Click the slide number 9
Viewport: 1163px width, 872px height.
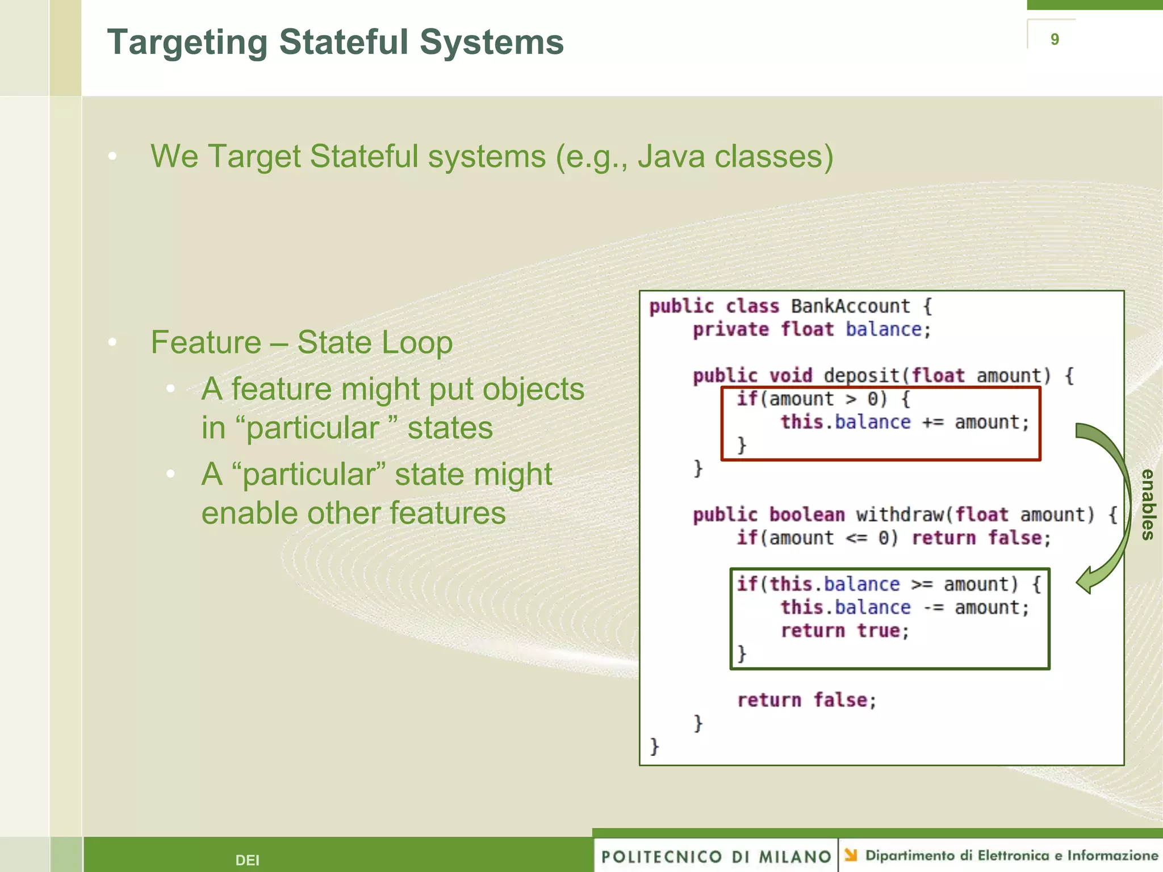pos(1055,39)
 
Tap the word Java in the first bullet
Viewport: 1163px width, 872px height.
pos(670,157)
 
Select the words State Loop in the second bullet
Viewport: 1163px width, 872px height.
pos(375,343)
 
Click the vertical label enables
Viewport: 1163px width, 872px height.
pos(1148,504)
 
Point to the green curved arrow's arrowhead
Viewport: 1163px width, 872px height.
pos(1086,581)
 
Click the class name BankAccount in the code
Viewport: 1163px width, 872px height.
pos(850,307)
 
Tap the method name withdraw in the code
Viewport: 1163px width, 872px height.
pos(900,515)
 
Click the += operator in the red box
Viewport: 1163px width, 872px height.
pos(932,423)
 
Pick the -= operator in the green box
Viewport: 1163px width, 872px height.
pos(932,608)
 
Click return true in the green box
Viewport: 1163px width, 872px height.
pos(844,631)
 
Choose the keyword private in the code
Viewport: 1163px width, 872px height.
pos(730,330)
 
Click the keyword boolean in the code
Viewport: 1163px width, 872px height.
pos(806,515)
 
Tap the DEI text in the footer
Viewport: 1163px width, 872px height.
pos(247,860)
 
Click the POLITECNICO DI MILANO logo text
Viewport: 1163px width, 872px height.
pos(716,857)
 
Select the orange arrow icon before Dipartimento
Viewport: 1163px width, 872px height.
pos(850,855)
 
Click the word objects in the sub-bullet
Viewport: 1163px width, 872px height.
pos(533,390)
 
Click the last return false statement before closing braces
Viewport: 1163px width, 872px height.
pos(806,701)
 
